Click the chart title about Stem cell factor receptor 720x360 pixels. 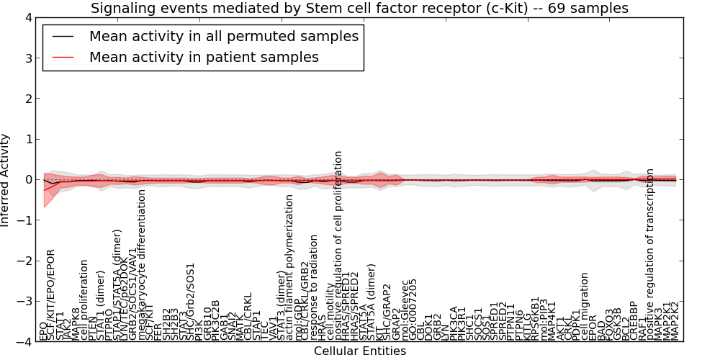coord(359,9)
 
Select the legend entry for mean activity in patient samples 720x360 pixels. coord(204,57)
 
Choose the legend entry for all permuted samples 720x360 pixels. coord(223,36)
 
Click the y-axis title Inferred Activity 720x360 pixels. coord(6,180)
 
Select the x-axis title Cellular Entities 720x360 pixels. coord(359,351)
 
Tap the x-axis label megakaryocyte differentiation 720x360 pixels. coord(142,265)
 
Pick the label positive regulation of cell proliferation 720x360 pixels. coord(338,246)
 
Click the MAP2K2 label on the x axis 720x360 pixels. coord(675,320)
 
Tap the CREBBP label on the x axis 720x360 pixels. coord(634,321)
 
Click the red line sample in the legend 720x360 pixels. coord(63,57)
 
